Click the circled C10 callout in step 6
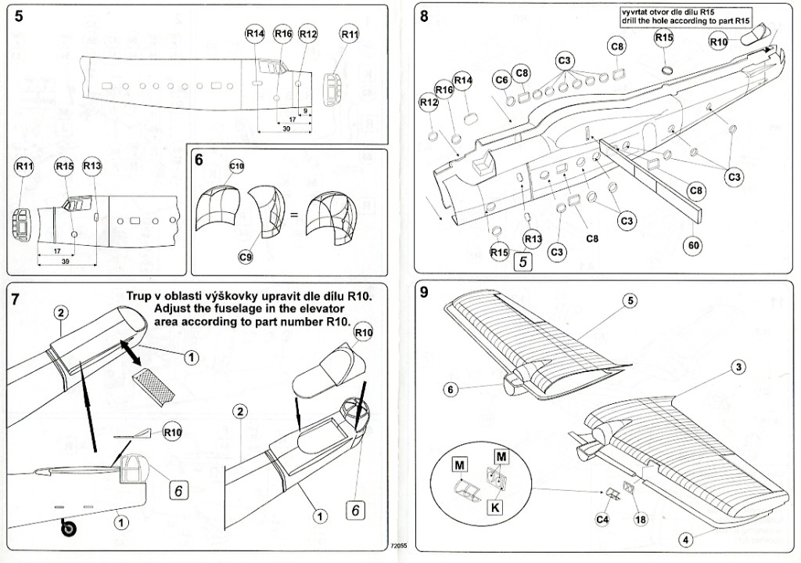[x=237, y=167]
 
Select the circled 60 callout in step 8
[x=694, y=244]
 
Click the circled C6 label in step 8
[x=502, y=80]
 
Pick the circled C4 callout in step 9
[x=602, y=518]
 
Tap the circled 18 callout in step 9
[x=641, y=519]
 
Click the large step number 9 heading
[x=424, y=294]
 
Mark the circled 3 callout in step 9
[x=738, y=367]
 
